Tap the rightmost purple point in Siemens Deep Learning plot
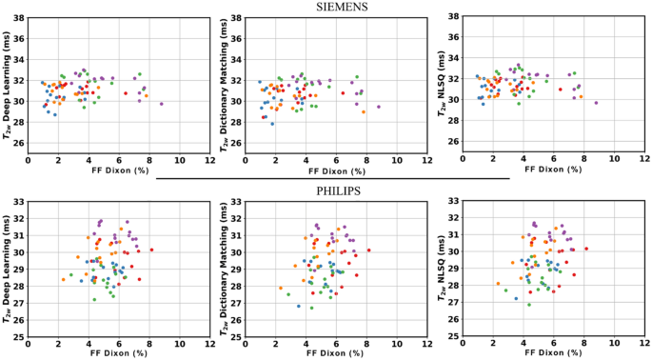[162, 104]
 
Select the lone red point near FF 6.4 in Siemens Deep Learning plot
[126, 93]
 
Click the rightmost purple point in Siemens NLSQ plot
[597, 103]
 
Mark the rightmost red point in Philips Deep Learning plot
[151, 250]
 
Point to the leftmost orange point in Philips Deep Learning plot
[64, 279]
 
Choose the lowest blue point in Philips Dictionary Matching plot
[298, 307]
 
